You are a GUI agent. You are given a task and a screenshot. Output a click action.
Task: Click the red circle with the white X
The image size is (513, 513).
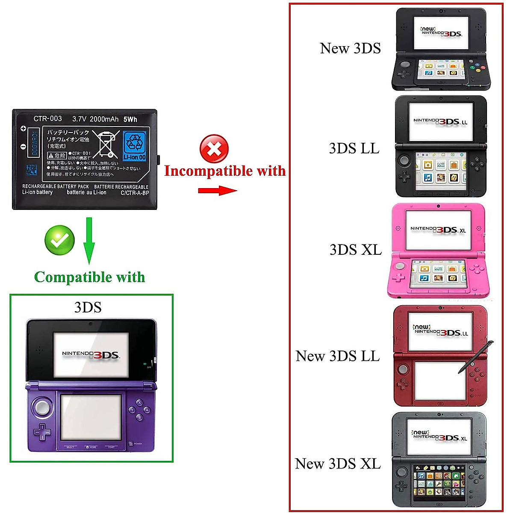[x=214, y=149]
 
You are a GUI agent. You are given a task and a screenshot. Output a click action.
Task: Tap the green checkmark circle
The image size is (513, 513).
[x=59, y=240]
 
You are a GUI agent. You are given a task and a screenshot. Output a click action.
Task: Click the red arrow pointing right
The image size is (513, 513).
[x=217, y=190]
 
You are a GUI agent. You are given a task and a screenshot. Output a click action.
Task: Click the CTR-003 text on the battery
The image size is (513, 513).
[x=47, y=118]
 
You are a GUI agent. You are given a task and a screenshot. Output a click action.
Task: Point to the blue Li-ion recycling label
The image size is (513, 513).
[x=135, y=146]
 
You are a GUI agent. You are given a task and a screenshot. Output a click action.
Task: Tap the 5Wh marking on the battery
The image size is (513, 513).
[x=130, y=119]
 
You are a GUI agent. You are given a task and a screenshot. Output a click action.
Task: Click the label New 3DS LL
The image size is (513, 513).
[x=337, y=356]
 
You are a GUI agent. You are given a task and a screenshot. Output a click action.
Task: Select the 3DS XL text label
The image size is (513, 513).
[x=355, y=249]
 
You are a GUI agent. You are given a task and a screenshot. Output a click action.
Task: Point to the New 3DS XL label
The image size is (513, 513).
[x=337, y=463]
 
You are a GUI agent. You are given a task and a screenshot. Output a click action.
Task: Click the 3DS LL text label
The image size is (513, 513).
[x=354, y=148]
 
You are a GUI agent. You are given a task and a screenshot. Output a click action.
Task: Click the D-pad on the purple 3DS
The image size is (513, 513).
[x=42, y=432]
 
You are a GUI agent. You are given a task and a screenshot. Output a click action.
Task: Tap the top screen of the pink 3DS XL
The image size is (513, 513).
[x=438, y=230]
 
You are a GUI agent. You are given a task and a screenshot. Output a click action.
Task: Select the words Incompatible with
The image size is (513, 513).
[x=225, y=171]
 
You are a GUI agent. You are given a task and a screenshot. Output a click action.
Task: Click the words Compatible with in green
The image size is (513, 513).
[x=89, y=277]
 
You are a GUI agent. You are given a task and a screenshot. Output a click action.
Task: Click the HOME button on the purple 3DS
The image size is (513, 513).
[x=91, y=447]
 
